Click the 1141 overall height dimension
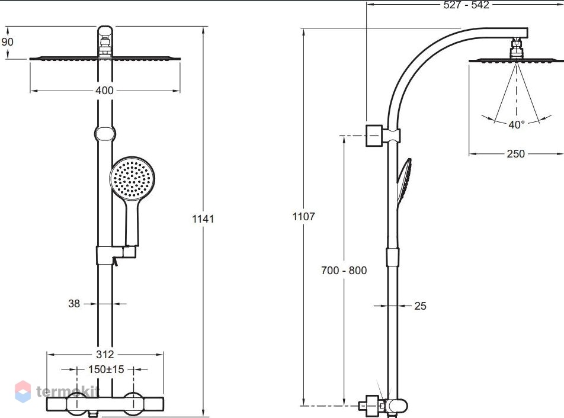tap(203, 218)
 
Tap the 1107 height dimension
tap(303, 216)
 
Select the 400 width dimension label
tap(104, 91)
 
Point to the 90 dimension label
tap(7, 41)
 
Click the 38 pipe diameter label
tap(74, 304)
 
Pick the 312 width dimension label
tap(105, 355)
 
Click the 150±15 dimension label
tap(106, 369)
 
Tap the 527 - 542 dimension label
tap(466, 5)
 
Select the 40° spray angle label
tap(517, 124)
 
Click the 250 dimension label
tap(516, 154)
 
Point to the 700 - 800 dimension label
tap(344, 271)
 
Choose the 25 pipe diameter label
tap(420, 306)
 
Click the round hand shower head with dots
tap(132, 178)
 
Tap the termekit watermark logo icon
tap(23, 391)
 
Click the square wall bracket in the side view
tap(374, 136)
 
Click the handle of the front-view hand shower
tap(132, 222)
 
